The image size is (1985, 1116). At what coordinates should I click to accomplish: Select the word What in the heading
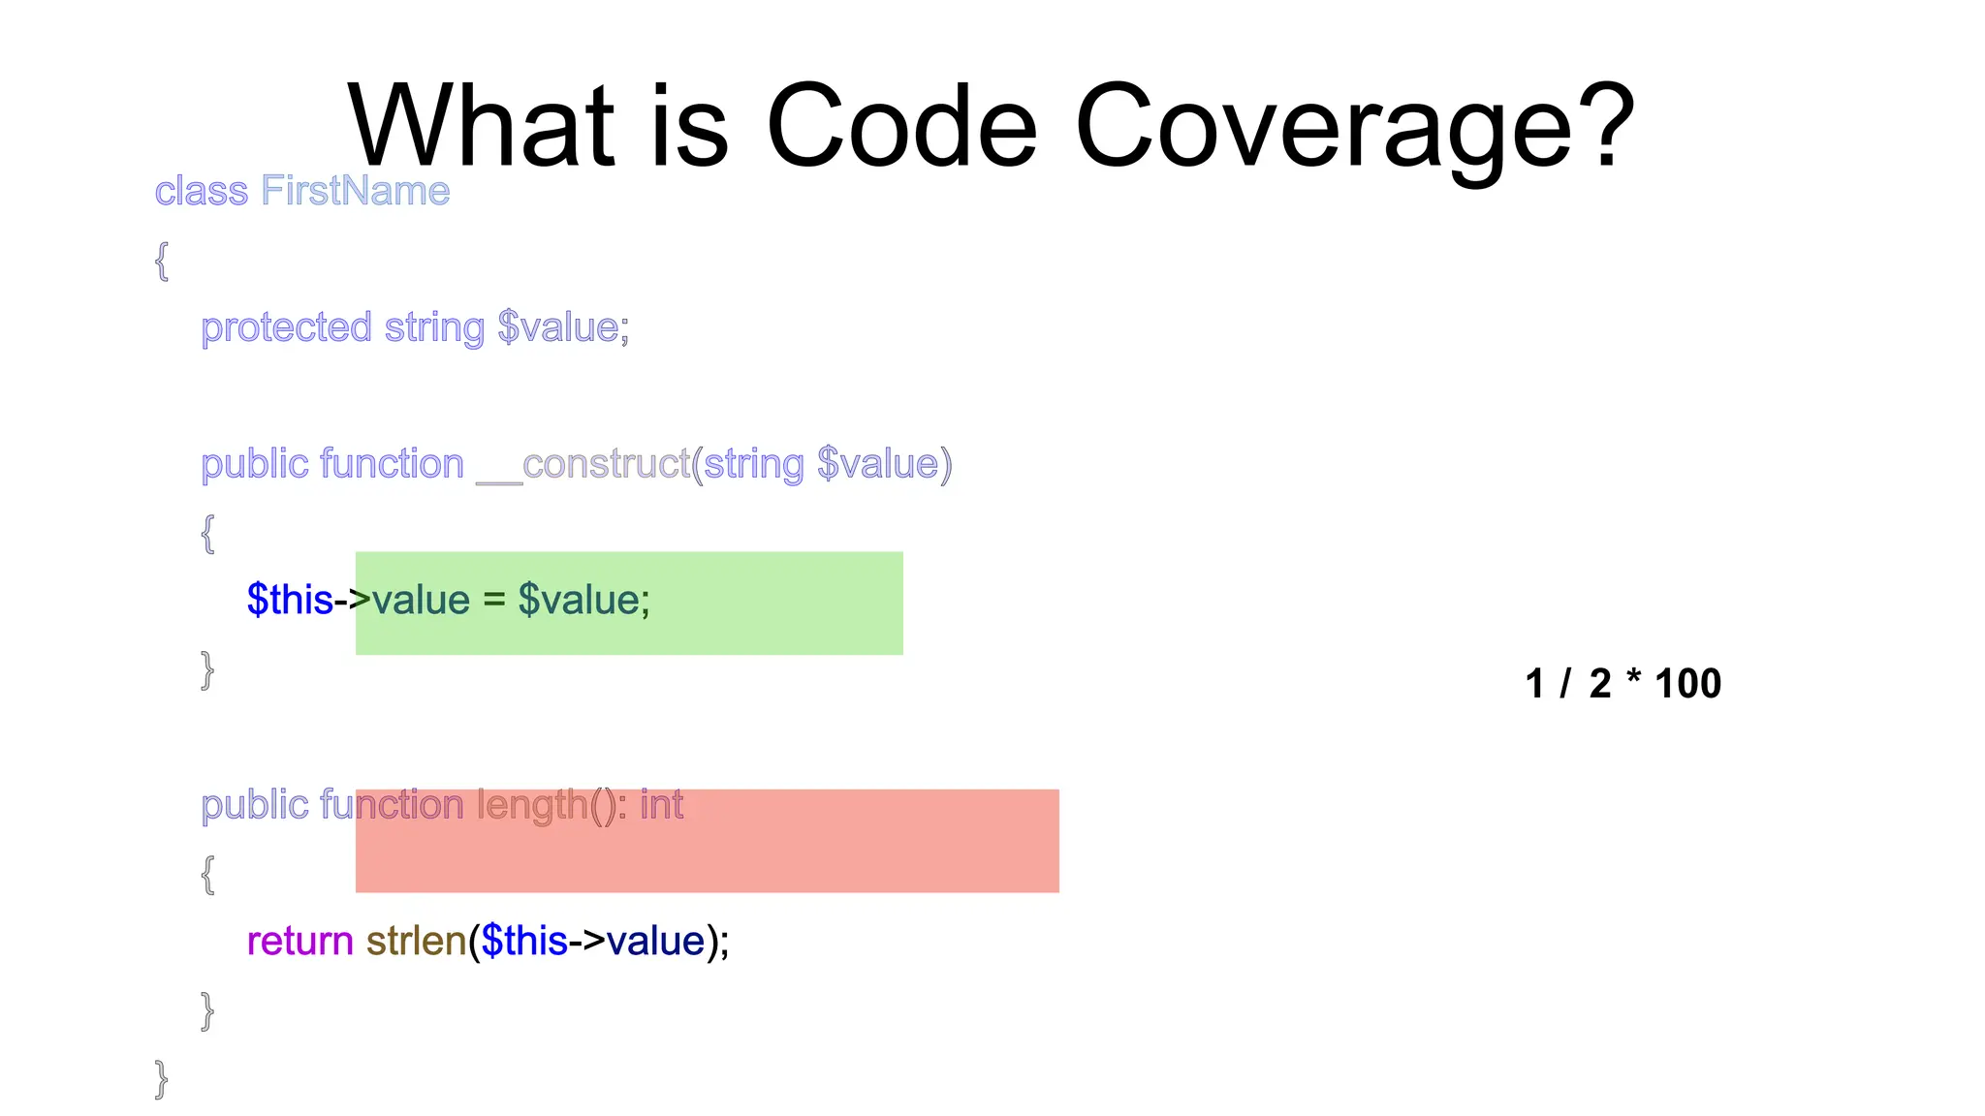point(481,126)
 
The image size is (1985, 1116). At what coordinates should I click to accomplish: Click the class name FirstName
point(356,191)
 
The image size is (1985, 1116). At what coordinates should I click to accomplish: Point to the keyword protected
point(286,327)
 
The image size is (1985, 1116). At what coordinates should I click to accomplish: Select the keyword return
point(299,941)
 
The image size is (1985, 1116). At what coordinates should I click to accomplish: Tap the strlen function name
point(417,941)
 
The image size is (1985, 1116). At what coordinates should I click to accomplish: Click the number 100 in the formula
point(1687,684)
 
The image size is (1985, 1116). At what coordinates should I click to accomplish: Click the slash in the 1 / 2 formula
point(1565,684)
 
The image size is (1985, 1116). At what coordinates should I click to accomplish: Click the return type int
point(662,805)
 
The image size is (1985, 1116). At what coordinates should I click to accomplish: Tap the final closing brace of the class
point(161,1078)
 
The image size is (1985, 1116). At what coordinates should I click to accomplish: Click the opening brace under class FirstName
point(162,261)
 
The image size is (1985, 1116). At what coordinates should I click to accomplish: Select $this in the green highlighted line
point(290,600)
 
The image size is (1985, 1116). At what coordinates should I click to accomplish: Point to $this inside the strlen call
point(524,941)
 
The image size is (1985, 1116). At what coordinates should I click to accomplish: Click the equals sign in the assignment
point(494,600)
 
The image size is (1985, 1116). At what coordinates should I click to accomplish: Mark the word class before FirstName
point(202,191)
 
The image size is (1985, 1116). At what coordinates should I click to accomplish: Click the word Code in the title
point(901,126)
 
